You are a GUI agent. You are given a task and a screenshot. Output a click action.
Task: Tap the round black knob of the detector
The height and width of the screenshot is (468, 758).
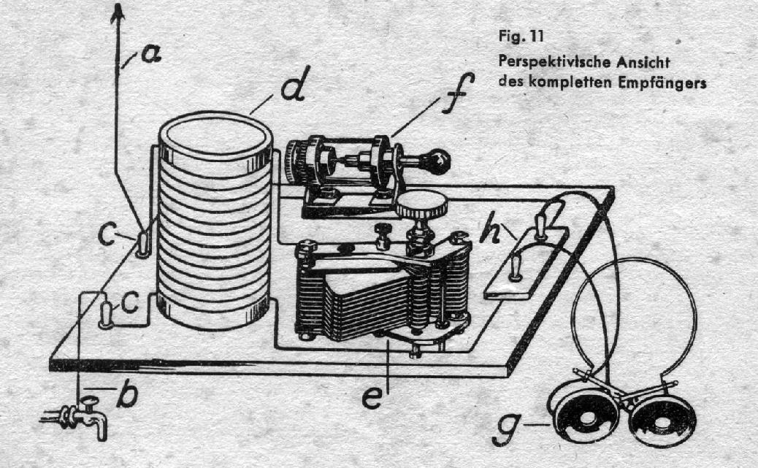coord(437,162)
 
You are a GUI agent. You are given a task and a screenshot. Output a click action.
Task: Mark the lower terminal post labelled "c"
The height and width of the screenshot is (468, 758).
coord(107,315)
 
